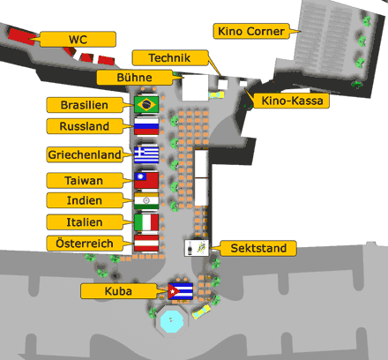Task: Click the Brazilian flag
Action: pos(146,104)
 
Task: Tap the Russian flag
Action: pos(146,126)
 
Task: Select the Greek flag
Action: pos(146,155)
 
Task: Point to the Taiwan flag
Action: pos(146,180)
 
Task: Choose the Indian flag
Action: pos(146,201)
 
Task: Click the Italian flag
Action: pos(146,222)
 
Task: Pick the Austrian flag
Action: pos(146,244)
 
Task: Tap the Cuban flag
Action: pos(181,291)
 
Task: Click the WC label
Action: pos(78,39)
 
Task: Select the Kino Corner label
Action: pos(251,31)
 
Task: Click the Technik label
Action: pos(170,57)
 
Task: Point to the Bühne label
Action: pos(135,78)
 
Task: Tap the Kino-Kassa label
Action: pos(291,101)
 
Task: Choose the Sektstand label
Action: pos(258,248)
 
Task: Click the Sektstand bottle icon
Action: pos(190,248)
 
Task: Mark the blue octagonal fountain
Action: pos(172,320)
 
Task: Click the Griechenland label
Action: pos(85,154)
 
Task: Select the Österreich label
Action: pos(85,244)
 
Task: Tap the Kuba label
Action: pos(119,291)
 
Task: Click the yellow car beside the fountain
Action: pos(202,311)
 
